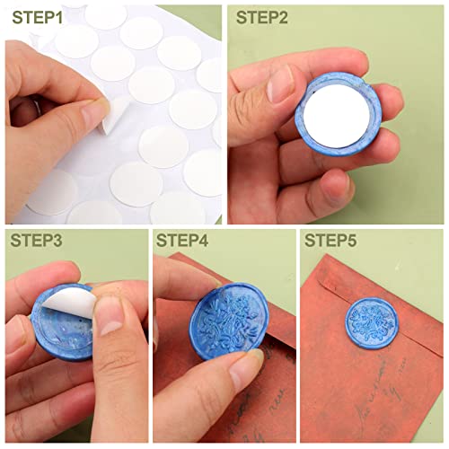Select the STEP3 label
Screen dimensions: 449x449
(38, 241)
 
